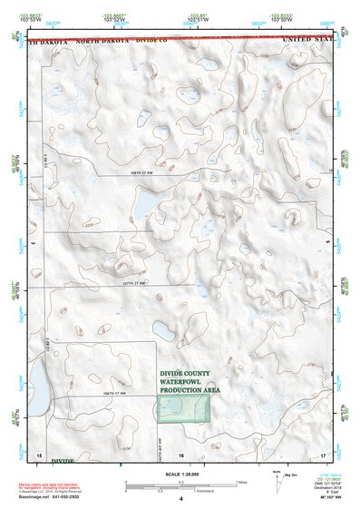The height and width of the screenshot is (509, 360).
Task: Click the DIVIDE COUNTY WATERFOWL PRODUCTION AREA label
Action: point(190,381)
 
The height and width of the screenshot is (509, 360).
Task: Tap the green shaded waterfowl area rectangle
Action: point(184,408)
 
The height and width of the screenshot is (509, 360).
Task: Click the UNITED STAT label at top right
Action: point(307,41)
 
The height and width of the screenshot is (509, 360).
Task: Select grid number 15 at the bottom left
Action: point(39,452)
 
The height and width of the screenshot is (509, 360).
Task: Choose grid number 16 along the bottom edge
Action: point(181,452)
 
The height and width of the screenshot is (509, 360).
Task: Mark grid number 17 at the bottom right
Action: point(324,452)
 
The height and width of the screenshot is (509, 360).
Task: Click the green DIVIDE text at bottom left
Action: point(62,461)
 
